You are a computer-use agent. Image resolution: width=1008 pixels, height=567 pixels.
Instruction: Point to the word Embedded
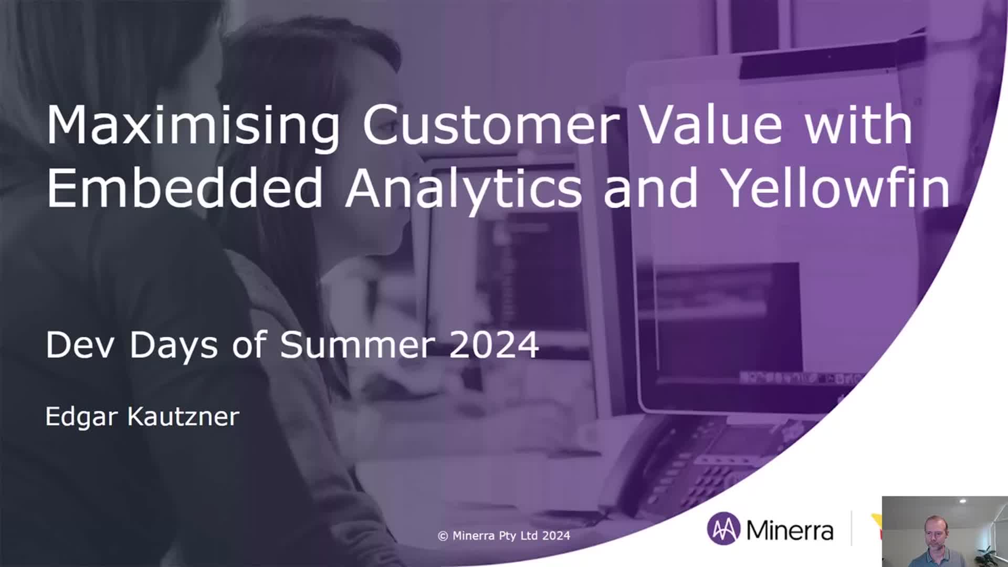[x=184, y=187]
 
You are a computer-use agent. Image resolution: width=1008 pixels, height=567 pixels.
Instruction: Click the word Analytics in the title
[x=463, y=190]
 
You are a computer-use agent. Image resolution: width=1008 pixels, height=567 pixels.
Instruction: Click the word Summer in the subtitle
[x=358, y=345]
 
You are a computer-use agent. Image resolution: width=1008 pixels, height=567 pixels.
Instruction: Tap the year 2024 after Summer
[x=494, y=345]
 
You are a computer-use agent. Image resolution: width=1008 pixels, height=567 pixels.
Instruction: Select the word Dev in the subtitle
[x=79, y=345]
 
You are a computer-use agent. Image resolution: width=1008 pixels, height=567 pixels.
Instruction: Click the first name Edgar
[x=81, y=417]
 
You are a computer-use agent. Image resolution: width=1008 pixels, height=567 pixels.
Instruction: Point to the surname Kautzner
[x=183, y=416]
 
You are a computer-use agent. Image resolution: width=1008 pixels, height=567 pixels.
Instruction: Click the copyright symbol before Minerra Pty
[x=443, y=536]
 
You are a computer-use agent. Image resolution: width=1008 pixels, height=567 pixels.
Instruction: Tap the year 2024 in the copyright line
[x=556, y=535]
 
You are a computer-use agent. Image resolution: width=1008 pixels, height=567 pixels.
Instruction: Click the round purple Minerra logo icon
[x=723, y=529]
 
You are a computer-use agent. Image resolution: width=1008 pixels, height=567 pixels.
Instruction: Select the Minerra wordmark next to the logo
[x=790, y=530]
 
